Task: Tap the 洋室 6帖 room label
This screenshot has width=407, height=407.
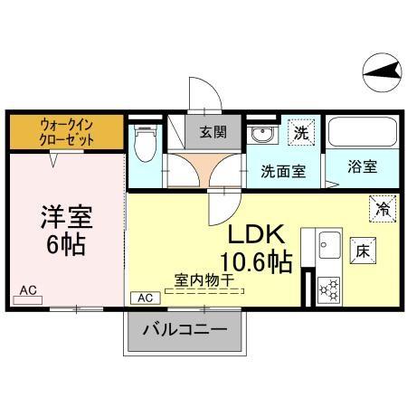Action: (66, 231)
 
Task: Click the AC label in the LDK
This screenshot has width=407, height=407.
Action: (145, 297)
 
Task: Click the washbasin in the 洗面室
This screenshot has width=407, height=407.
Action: (261, 137)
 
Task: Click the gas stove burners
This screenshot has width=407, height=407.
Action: (328, 289)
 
